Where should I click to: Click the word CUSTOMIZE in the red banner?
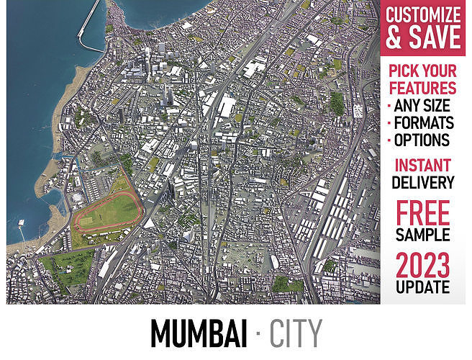pos(423,14)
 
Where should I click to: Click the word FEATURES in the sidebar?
pos(423,89)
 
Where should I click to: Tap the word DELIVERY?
pos(423,183)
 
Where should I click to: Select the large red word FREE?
pos(423,212)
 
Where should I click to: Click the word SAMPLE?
pos(423,235)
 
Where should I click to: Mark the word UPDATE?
pos(423,287)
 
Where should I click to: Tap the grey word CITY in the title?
pos(296,333)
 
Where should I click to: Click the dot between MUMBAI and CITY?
pos(258,333)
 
